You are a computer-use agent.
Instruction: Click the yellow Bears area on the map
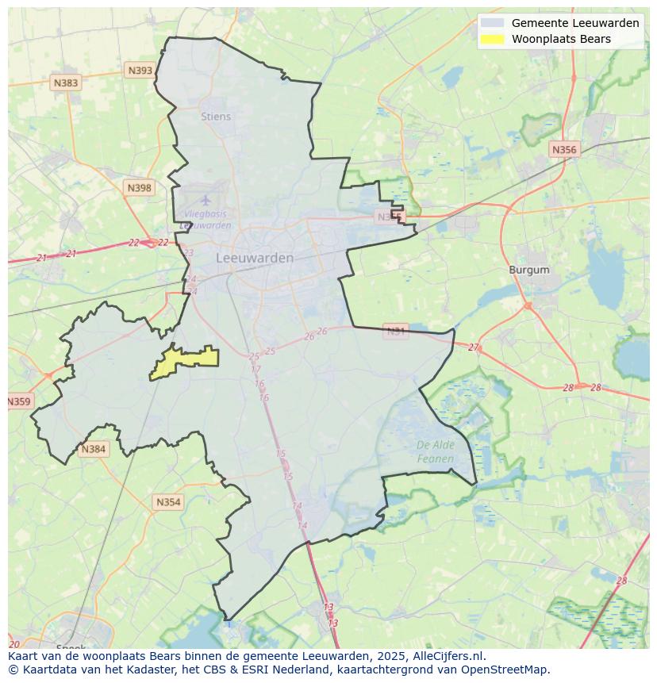click(186, 361)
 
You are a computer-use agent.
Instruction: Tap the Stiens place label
click(216, 117)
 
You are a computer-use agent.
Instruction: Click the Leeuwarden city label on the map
click(255, 258)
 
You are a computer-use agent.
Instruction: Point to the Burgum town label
click(529, 270)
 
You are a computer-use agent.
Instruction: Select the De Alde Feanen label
click(436, 452)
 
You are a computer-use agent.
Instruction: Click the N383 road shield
click(66, 82)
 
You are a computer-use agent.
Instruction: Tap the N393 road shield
click(140, 71)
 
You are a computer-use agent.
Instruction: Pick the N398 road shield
click(138, 188)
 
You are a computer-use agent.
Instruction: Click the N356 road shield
click(564, 149)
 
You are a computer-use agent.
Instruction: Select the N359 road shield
click(18, 401)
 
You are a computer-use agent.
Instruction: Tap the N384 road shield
click(93, 449)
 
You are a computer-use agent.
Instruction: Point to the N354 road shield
click(168, 502)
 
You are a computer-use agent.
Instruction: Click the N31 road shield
click(395, 330)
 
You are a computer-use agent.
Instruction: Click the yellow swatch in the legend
click(492, 39)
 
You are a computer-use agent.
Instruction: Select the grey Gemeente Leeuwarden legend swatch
click(492, 23)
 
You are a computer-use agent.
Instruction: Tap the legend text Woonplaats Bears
click(561, 39)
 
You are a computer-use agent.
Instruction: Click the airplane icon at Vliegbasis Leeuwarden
click(206, 200)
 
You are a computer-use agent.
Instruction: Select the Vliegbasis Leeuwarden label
click(206, 220)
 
